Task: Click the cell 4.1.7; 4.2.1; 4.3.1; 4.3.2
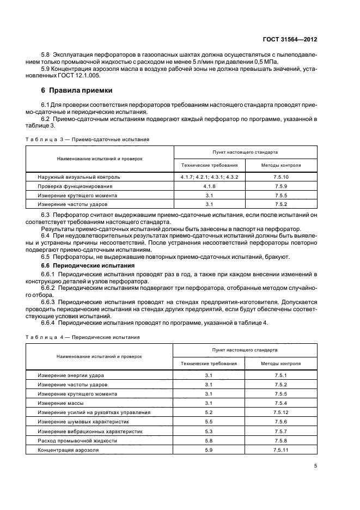click(x=209, y=177)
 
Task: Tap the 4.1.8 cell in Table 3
click(x=209, y=186)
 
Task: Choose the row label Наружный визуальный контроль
click(x=79, y=177)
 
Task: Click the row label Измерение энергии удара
click(x=71, y=375)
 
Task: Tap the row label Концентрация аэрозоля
click(x=68, y=450)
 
